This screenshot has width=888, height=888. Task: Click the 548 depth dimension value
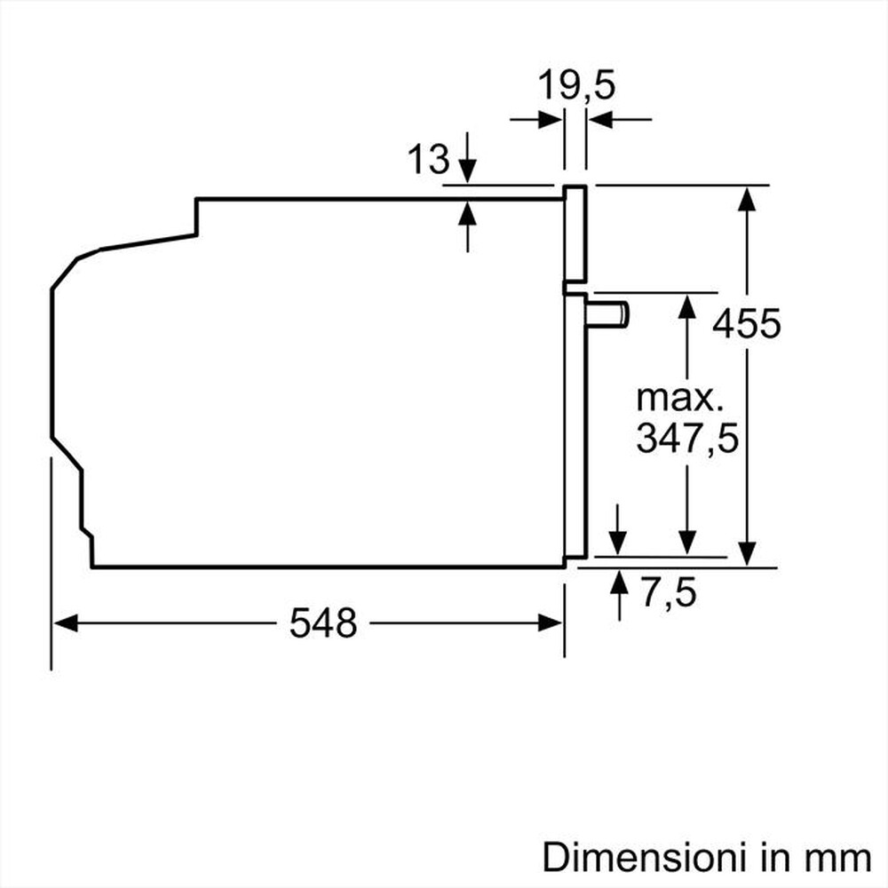coord(323,623)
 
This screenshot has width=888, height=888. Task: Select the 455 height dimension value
coord(747,323)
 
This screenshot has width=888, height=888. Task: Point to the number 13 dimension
coord(429,160)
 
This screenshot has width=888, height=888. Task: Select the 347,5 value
coord(687,439)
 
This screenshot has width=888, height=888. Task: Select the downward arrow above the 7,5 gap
coord(619,544)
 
